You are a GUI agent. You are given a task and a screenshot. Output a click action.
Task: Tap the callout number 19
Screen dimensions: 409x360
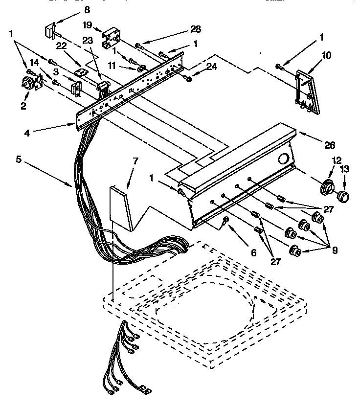coord(87,24)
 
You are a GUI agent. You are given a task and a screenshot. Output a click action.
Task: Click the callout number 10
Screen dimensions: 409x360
coord(326,55)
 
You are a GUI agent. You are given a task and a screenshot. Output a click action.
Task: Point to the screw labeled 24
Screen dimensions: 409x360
coord(188,77)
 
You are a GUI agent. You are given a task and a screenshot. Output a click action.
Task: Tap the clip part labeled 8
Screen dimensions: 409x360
coord(50,31)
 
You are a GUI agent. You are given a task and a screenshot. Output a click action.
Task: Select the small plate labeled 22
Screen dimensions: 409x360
coord(81,72)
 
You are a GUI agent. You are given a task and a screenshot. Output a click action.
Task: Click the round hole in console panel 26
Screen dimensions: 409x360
coord(283,159)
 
